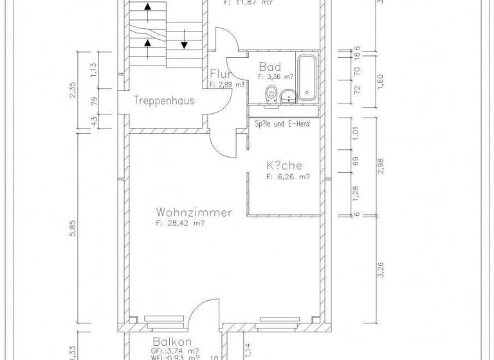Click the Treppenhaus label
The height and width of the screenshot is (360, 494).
(164, 101)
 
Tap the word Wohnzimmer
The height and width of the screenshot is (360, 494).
(194, 212)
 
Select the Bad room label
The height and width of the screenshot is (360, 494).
(270, 67)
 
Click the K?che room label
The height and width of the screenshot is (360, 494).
(284, 166)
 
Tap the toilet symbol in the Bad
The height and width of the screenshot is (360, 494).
(272, 94)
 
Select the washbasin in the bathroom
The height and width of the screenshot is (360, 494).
(288, 96)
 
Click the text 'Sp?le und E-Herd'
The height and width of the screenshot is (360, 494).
(282, 123)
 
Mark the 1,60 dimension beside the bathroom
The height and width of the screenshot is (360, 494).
(381, 81)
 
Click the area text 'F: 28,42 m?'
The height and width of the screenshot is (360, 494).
(180, 224)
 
